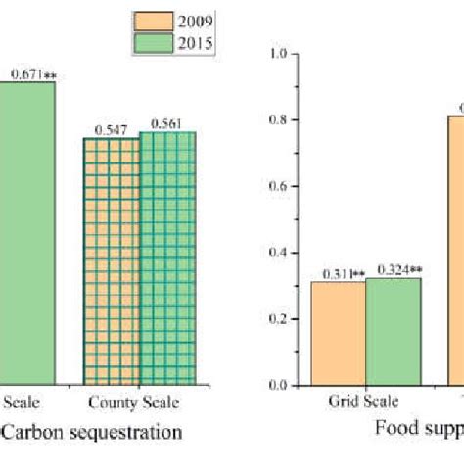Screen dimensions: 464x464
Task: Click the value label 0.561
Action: tap(167, 124)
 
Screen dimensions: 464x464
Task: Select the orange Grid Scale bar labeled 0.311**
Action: tap(338, 333)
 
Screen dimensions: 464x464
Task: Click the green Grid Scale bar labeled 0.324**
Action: tap(394, 331)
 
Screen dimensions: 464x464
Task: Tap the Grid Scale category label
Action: tap(364, 400)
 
